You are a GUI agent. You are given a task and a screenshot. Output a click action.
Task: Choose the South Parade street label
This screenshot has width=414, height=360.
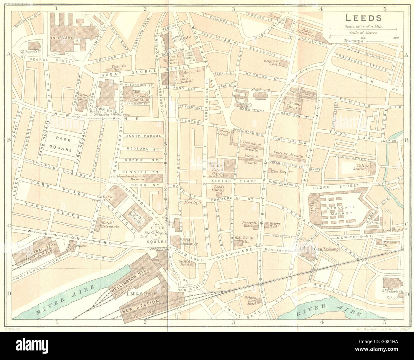pyautogui.click(x=143, y=136)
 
